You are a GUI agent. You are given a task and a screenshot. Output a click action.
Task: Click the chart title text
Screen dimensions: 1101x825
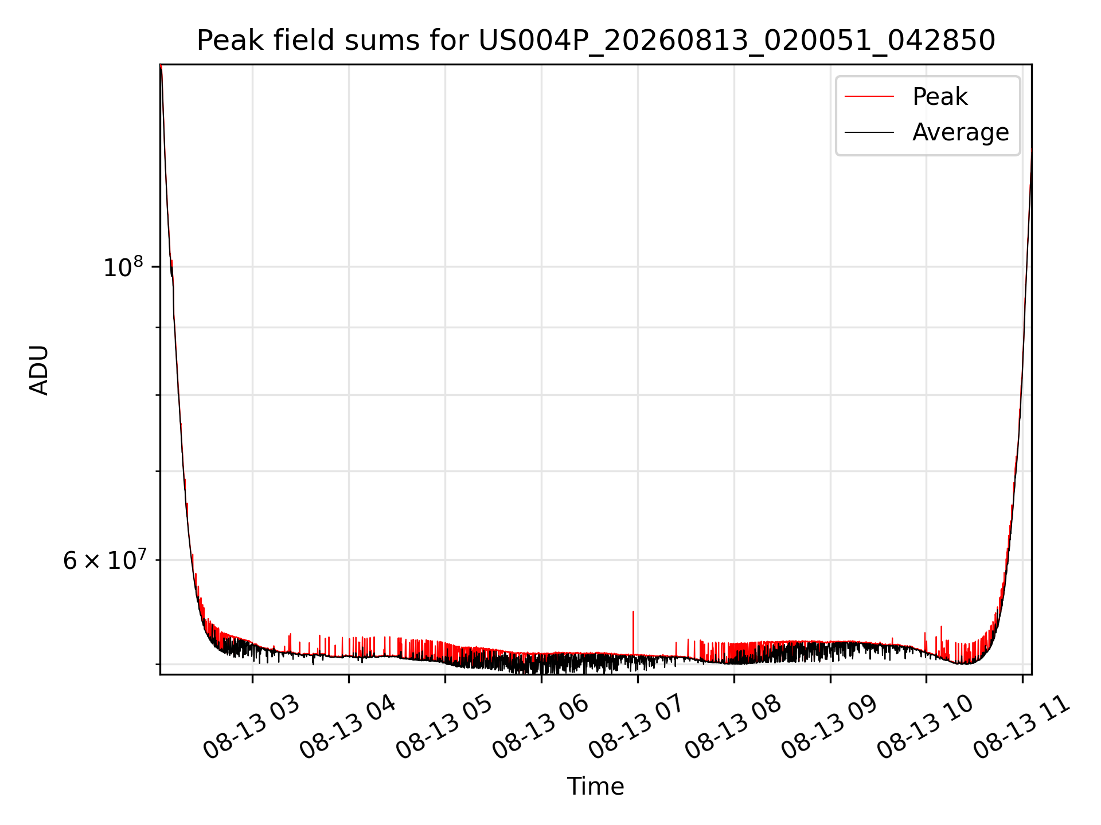[x=596, y=41]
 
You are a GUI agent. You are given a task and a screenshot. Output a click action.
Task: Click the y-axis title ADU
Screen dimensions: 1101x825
[x=39, y=370]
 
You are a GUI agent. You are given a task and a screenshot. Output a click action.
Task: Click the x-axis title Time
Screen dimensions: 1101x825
[x=596, y=787]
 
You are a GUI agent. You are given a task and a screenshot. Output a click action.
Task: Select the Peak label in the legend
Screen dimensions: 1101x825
[x=940, y=97]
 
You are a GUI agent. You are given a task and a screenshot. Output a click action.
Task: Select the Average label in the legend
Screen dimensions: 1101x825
[x=961, y=132]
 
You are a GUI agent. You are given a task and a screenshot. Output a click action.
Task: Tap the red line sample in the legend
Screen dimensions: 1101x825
[x=869, y=96]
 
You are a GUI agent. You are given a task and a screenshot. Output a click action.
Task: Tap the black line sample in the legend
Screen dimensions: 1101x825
[x=869, y=132]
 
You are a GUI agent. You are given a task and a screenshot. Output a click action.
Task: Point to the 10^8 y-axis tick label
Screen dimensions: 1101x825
[x=123, y=267]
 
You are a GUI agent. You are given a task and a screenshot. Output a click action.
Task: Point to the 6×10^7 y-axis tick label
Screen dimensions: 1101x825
[x=103, y=560]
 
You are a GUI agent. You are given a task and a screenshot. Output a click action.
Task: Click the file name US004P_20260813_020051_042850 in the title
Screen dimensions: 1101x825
[x=737, y=41]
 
